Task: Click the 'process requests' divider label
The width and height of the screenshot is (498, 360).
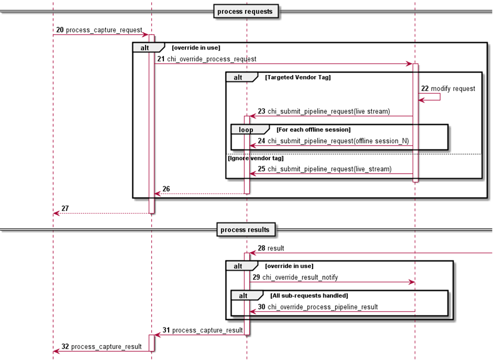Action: (245, 11)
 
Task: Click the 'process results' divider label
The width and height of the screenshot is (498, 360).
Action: (245, 230)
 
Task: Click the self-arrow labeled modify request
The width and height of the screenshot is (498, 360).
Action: (453, 89)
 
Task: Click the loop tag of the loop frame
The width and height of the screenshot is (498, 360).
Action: (246, 130)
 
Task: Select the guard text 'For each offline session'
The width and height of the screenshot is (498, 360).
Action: (314, 130)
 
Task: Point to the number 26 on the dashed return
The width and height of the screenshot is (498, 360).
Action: (166, 189)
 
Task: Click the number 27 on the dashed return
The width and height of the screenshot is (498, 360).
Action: (65, 208)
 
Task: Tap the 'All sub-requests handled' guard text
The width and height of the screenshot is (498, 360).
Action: (309, 296)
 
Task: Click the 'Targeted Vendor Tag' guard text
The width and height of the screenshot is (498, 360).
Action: (298, 77)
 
